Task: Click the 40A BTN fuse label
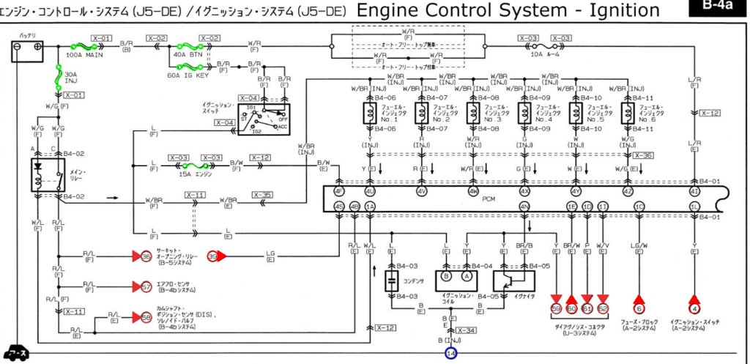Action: [183, 53]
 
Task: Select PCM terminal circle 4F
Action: [339, 193]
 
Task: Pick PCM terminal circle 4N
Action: [524, 207]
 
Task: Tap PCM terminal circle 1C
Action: [639, 207]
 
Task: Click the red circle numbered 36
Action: [146, 256]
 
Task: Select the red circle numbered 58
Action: [146, 317]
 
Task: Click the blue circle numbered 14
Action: [451, 353]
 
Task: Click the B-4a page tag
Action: [718, 6]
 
